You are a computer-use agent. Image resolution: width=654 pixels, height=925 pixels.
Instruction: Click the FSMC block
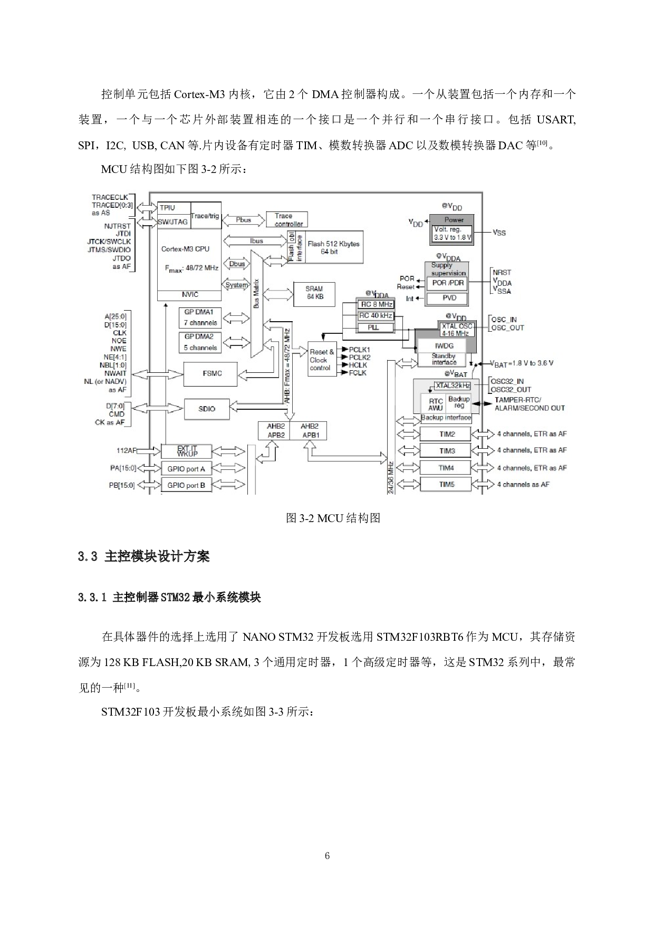210,374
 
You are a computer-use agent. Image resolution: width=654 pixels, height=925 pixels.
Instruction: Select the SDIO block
207,409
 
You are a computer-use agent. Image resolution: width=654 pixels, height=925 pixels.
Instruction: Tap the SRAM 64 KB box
314,293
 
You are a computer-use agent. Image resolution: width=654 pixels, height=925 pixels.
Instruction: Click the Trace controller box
287,219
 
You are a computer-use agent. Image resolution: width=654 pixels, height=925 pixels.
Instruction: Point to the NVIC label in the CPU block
189,295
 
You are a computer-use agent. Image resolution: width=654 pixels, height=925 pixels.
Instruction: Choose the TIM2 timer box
446,434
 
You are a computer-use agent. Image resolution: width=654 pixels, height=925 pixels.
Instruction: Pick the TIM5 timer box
446,484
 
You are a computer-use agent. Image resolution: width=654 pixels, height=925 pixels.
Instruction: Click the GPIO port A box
186,469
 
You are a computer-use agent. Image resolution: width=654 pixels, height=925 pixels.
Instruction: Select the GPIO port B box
186,485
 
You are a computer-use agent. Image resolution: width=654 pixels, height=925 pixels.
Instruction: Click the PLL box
375,327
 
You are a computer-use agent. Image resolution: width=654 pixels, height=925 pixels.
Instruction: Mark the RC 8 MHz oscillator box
376,304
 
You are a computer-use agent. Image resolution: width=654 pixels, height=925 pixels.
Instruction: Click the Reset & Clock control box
322,360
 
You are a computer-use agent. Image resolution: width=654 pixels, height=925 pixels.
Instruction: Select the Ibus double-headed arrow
256,241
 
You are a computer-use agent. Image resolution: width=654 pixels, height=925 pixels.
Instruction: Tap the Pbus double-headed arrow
244,220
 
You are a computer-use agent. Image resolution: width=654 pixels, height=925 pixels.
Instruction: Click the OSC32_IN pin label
507,381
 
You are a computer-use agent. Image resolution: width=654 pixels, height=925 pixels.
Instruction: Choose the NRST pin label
502,273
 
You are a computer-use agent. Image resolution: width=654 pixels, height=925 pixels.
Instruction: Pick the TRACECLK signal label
110,197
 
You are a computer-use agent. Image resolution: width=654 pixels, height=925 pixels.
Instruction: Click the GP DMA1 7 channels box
200,317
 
